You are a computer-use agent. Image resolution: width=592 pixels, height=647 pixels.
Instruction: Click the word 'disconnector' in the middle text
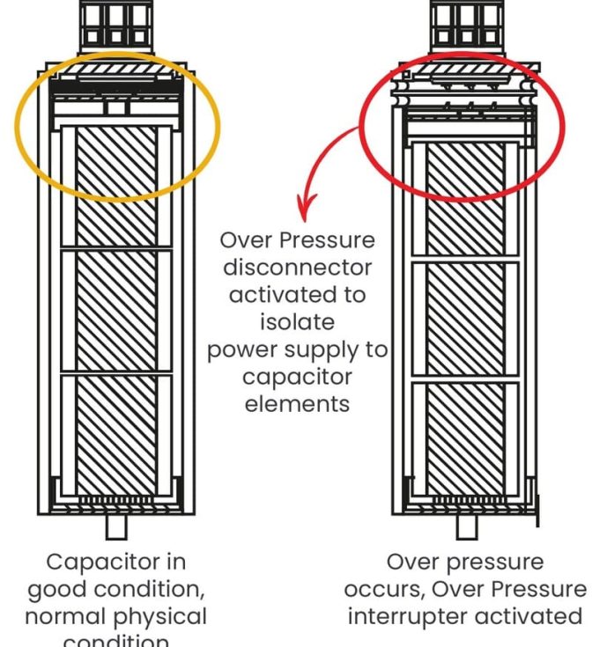(297, 267)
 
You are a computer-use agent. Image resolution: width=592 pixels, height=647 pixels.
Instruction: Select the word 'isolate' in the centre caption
(297, 322)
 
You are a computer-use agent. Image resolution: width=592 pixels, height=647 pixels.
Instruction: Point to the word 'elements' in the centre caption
(297, 404)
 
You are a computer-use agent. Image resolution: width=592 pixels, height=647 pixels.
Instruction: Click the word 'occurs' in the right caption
(382, 588)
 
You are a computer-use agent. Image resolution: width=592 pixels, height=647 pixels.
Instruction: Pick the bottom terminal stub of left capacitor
(115, 526)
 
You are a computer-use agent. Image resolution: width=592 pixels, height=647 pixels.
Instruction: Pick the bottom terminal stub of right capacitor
(467, 526)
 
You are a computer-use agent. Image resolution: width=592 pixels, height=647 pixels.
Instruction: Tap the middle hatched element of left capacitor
(115, 312)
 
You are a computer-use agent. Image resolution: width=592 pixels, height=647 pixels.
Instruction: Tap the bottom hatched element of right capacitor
(467, 437)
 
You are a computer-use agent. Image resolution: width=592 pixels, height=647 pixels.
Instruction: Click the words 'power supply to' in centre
(297, 349)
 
